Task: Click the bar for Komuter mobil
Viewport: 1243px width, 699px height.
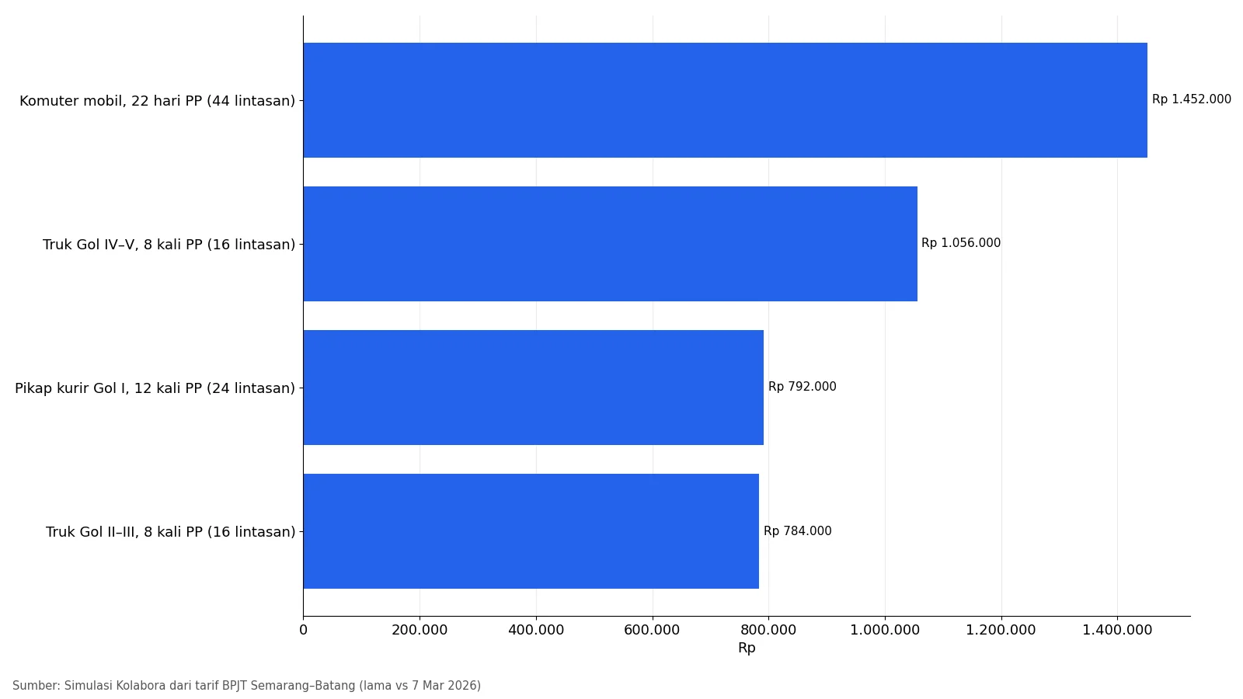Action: click(726, 100)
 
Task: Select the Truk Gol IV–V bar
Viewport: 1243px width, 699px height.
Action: click(611, 244)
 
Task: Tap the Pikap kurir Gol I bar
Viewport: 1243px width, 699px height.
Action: click(533, 388)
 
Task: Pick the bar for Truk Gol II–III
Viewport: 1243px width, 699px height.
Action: click(531, 531)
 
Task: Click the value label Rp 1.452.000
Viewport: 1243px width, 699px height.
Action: click(1192, 99)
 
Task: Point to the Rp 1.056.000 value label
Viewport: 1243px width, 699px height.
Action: click(961, 243)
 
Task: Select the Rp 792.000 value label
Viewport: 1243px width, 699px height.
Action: click(803, 387)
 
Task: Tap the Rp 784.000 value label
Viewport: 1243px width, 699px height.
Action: click(798, 531)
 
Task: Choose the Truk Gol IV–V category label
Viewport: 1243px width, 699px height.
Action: click(169, 245)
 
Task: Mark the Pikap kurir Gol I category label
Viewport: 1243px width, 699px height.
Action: click(155, 388)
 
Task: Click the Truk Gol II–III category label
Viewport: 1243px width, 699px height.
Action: click(170, 532)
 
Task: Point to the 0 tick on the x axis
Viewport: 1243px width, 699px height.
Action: click(303, 630)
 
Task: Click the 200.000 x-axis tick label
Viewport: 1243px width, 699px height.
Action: click(420, 630)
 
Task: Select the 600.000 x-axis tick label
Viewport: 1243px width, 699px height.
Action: click(652, 630)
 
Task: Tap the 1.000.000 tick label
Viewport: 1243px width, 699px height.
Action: click(885, 630)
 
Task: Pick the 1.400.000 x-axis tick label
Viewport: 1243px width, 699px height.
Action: click(1118, 630)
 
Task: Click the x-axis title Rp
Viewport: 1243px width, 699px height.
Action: click(747, 648)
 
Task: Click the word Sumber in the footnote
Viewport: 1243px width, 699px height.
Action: click(36, 686)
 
